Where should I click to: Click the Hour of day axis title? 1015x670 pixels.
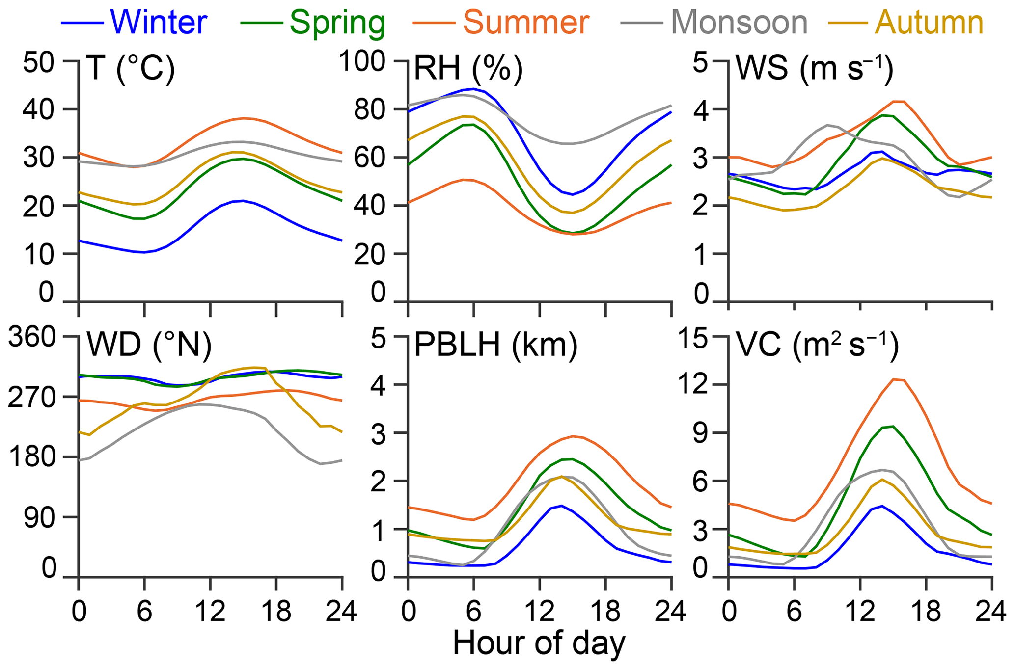pos(539,643)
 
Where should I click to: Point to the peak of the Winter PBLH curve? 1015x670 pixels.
pos(561,505)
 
